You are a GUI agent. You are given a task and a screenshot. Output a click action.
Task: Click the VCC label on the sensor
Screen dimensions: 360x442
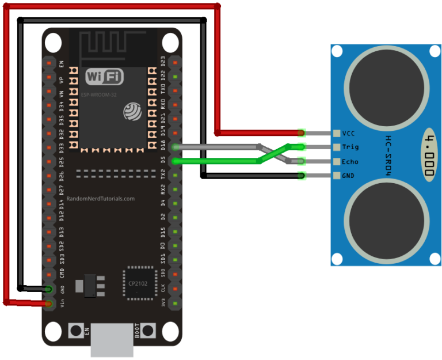tap(349, 133)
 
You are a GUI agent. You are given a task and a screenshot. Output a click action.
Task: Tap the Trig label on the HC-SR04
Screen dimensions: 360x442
tap(350, 147)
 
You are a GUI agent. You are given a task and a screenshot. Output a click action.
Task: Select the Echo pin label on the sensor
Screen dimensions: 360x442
tap(350, 162)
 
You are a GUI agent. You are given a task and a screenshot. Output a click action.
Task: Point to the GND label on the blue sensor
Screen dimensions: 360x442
tap(348, 176)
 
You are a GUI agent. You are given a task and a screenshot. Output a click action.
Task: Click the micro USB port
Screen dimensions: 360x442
tap(113, 343)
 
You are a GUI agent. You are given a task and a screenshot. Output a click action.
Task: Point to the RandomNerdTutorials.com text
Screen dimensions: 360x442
tap(101, 199)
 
